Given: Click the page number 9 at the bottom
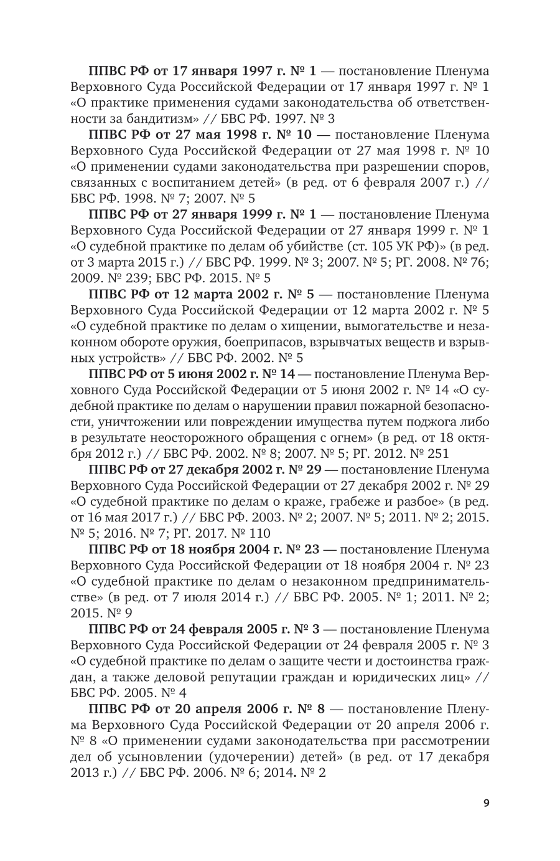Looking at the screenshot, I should click(486, 802).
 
